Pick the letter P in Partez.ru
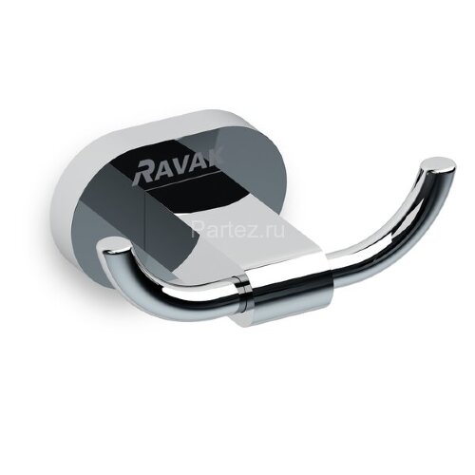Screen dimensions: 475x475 [197, 229]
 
